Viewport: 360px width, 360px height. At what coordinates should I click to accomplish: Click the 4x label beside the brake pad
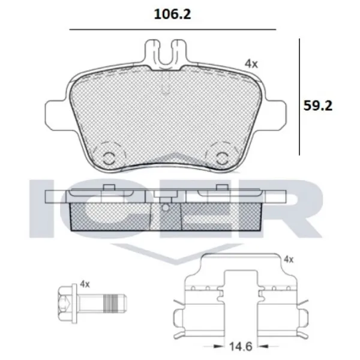pos(251,62)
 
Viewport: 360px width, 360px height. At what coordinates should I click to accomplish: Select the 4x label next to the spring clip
pos(288,259)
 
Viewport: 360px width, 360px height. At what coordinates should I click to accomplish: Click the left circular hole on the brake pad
pos(109,157)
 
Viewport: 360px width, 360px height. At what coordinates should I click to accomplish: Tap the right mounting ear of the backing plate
pos(277,112)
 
